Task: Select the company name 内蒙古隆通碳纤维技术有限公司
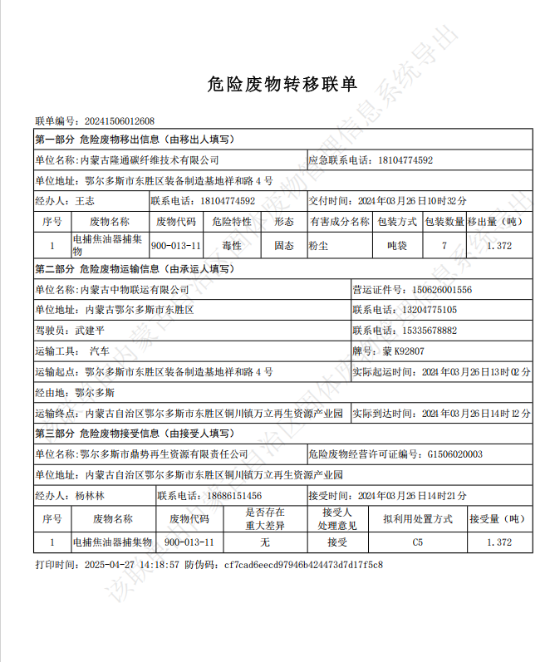coord(149,159)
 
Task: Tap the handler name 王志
coord(85,201)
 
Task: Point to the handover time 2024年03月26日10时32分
coord(411,201)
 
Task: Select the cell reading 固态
coord(284,246)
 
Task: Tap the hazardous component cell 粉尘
coord(318,246)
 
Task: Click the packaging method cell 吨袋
coord(397,246)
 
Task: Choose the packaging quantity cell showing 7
coord(444,246)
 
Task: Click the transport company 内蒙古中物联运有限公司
coord(133,290)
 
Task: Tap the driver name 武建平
coord(90,331)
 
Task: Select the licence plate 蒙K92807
coord(404,351)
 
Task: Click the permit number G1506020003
coord(454,454)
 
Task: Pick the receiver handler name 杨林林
coord(90,496)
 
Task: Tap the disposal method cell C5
coord(418,542)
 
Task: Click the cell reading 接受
coord(336,542)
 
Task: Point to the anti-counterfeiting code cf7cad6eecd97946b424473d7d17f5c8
coord(302,565)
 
